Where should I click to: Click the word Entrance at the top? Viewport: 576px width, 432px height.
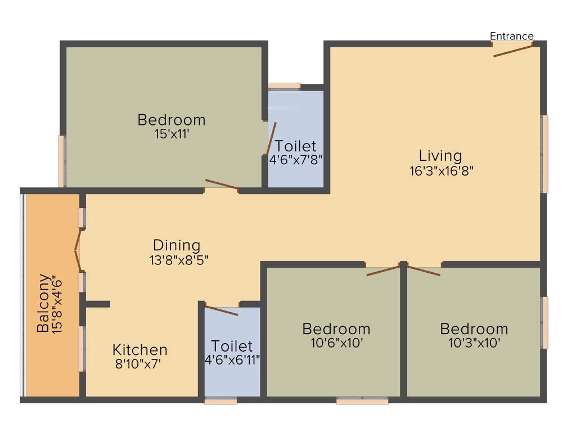pos(511,36)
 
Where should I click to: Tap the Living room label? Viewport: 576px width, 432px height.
pos(440,155)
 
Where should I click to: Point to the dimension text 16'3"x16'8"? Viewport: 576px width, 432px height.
pos(442,171)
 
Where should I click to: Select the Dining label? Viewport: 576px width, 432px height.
pos(177,245)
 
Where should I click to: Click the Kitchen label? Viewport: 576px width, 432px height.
pos(139,349)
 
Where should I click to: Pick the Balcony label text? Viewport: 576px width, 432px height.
pos(43,303)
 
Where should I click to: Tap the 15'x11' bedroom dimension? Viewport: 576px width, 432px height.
pos(172,134)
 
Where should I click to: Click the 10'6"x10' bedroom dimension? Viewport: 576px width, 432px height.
pos(336,343)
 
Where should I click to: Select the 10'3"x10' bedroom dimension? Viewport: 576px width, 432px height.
pos(474,343)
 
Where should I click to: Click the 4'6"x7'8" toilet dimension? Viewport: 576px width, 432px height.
pos(296,160)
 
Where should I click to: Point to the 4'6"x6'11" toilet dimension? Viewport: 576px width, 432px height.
pos(232,359)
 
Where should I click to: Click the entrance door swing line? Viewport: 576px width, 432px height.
pos(512,51)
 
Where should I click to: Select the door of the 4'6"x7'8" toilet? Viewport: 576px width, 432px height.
pos(271,138)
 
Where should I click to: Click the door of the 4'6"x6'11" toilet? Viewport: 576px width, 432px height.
pos(222,310)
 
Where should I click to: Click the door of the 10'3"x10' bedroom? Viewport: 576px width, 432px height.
pos(423,270)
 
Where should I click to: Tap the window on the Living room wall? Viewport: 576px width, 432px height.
pos(544,154)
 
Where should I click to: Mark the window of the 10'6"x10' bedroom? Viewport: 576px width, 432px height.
pos(362,401)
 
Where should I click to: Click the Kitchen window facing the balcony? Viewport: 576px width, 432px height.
pos(82,349)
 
